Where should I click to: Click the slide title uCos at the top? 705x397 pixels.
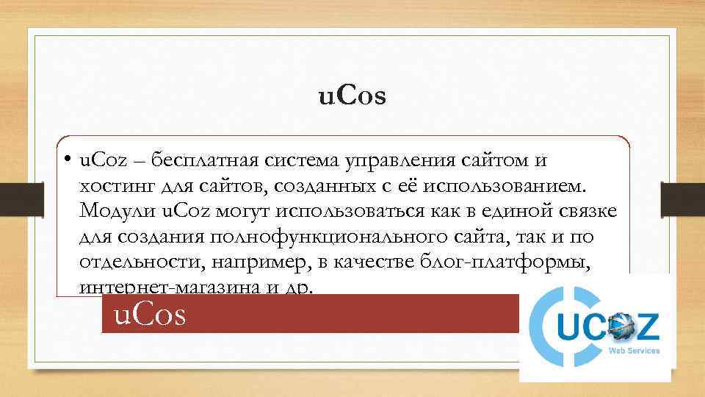(x=352, y=96)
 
